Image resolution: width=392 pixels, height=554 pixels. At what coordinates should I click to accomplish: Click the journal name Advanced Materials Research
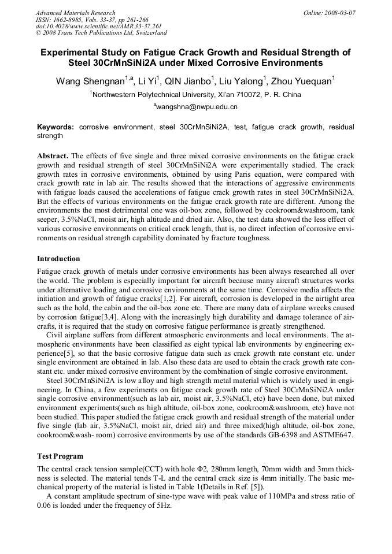75,12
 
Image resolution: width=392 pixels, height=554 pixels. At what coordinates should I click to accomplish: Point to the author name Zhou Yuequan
301,81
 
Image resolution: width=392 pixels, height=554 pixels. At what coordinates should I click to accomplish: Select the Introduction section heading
58,258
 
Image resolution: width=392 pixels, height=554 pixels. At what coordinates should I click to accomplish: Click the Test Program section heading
60,456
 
